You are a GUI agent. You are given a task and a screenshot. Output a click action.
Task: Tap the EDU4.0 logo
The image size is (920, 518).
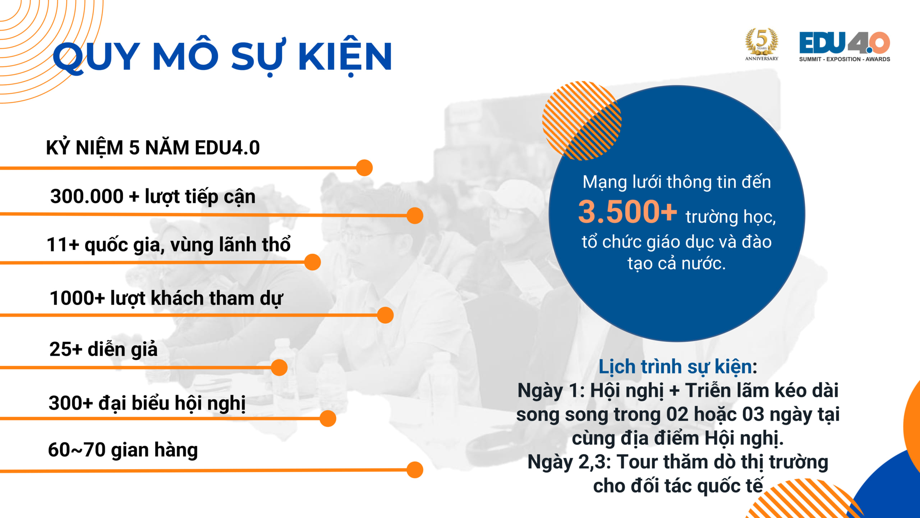tap(845, 46)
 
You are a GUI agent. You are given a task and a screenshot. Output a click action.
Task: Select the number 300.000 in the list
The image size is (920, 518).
tap(87, 196)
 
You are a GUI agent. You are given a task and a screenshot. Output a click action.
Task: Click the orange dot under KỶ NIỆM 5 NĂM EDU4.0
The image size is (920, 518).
tap(364, 168)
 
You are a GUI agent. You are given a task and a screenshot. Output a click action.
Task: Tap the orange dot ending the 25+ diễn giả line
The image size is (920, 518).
tap(279, 368)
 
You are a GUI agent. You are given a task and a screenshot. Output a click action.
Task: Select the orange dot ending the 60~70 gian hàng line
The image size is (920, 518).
tap(415, 470)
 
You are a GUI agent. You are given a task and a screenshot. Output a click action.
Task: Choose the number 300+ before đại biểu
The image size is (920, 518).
tap(71, 403)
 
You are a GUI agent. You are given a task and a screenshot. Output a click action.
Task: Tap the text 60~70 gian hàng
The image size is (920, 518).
tap(123, 450)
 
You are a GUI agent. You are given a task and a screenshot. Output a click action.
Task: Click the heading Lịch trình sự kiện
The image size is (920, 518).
tap(678, 367)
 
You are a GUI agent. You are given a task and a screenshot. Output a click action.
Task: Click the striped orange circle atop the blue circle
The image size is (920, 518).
tap(581, 121)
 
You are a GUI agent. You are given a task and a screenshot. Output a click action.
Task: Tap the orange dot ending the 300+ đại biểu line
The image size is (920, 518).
tap(328, 419)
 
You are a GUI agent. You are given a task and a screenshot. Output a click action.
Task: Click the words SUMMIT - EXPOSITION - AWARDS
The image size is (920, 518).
tap(845, 59)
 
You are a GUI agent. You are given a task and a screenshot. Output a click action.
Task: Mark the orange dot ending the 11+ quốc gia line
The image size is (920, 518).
tap(312, 262)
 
